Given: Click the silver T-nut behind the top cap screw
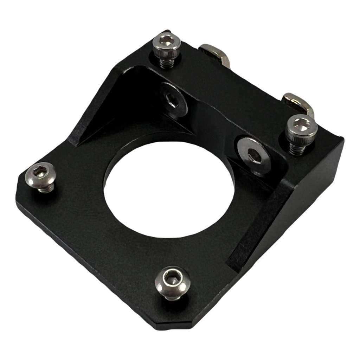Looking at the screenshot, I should (x=214, y=53).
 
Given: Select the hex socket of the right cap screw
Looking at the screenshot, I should (x=302, y=124).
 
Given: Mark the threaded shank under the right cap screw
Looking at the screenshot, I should (x=297, y=148).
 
